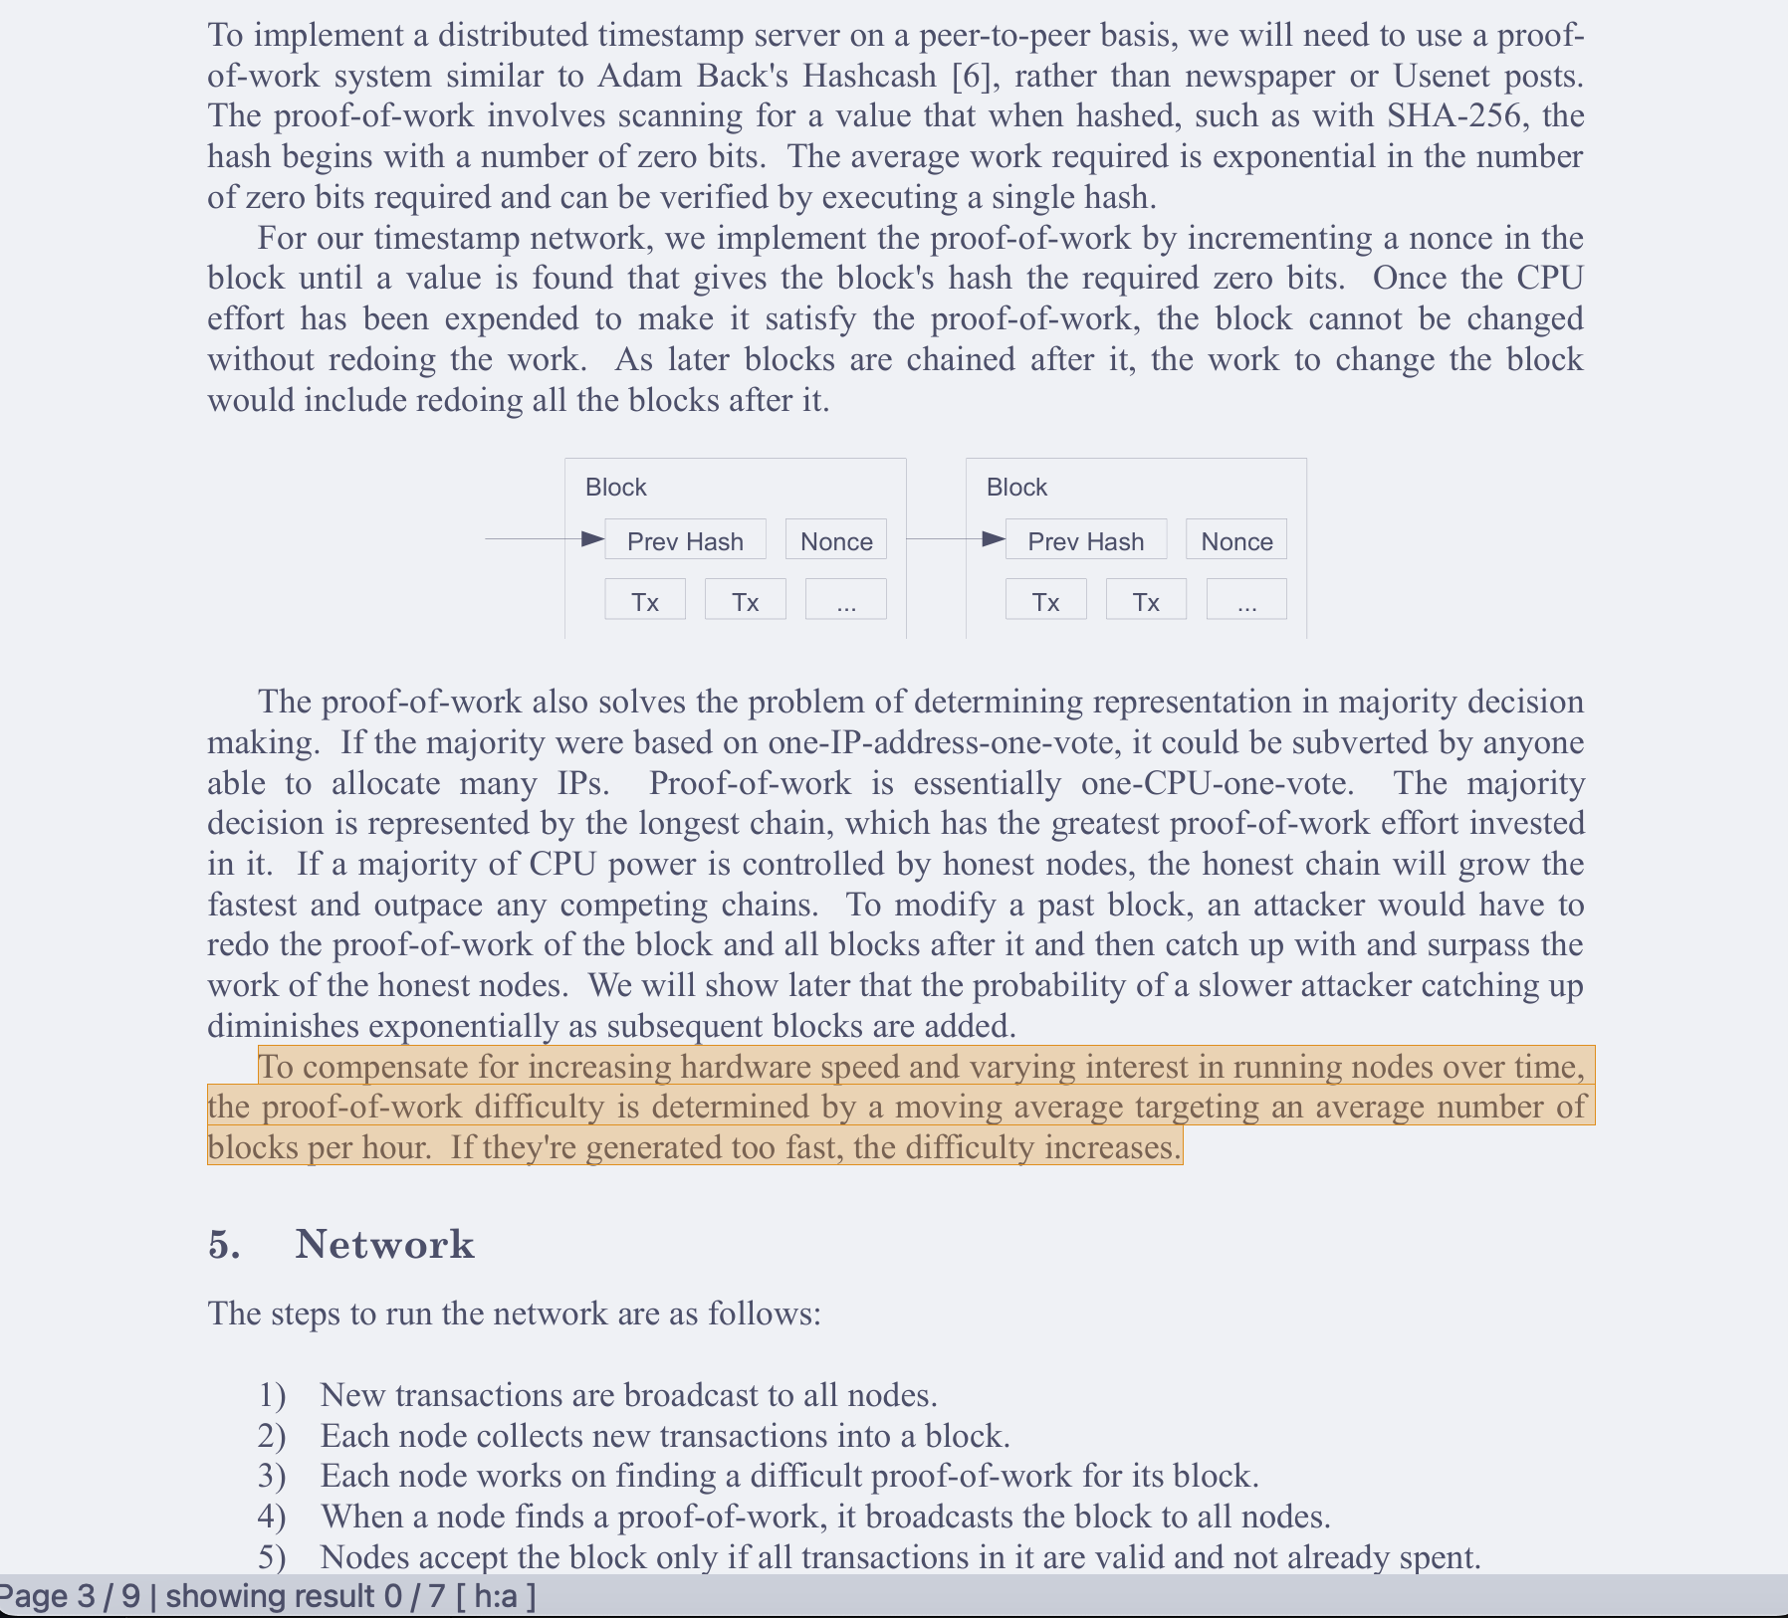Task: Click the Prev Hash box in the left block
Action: [x=685, y=540]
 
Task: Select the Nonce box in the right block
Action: [x=1236, y=540]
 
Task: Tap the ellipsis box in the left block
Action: [x=845, y=601]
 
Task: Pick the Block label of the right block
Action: [x=1016, y=487]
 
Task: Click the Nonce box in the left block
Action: [x=836, y=540]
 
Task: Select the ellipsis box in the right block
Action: [x=1246, y=601]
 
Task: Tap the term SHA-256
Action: [x=1454, y=116]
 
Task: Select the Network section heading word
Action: [x=384, y=1244]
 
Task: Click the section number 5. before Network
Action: [x=224, y=1244]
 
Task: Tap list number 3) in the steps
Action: [x=272, y=1476]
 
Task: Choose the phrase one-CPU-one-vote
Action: [x=1217, y=783]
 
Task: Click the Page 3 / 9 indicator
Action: [x=69, y=1596]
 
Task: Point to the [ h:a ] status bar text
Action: [x=496, y=1596]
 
